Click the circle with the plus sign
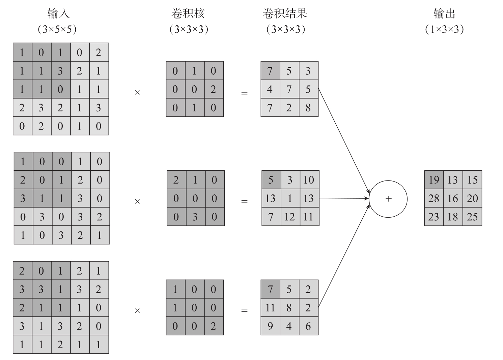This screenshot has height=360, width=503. (x=388, y=199)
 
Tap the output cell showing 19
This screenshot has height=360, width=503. (x=434, y=180)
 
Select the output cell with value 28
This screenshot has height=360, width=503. (x=434, y=198)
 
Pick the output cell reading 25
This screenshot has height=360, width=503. (x=472, y=217)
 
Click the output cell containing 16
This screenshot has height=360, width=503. (x=453, y=198)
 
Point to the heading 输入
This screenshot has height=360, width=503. (x=58, y=13)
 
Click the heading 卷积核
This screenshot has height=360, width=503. (x=188, y=13)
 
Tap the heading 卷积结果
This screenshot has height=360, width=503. (x=285, y=13)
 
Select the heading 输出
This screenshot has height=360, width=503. (x=444, y=13)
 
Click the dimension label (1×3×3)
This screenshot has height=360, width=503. (x=444, y=29)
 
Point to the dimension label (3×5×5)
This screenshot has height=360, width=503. (x=57, y=29)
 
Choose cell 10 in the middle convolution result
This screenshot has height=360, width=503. (x=309, y=180)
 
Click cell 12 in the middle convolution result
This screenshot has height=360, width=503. (x=289, y=217)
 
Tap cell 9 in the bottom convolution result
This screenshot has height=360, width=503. (x=270, y=326)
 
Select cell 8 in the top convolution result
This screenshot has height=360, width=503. (x=308, y=108)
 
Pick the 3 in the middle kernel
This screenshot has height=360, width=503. (x=195, y=217)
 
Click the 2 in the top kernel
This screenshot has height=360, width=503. (x=213, y=89)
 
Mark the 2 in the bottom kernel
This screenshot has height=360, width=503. (x=213, y=326)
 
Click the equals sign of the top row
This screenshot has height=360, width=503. (x=244, y=93)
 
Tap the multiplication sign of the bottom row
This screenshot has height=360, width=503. (x=137, y=311)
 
